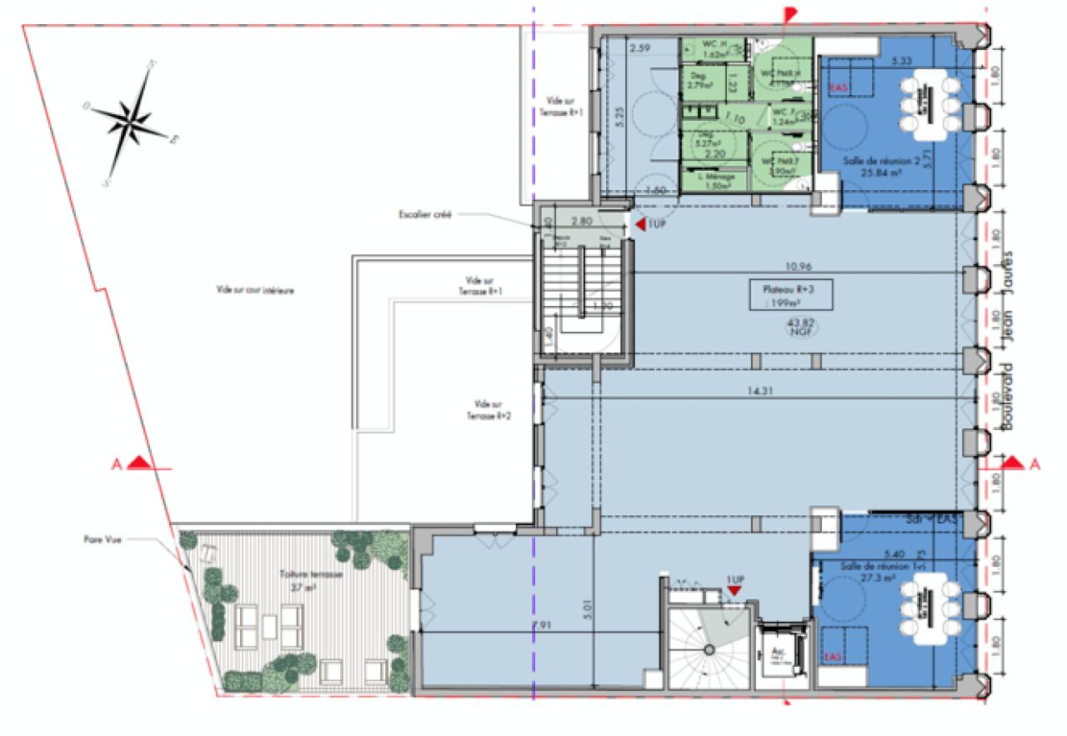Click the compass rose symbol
(131, 120)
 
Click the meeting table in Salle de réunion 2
(926, 103)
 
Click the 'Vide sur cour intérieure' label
(257, 291)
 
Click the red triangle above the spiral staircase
(734, 590)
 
